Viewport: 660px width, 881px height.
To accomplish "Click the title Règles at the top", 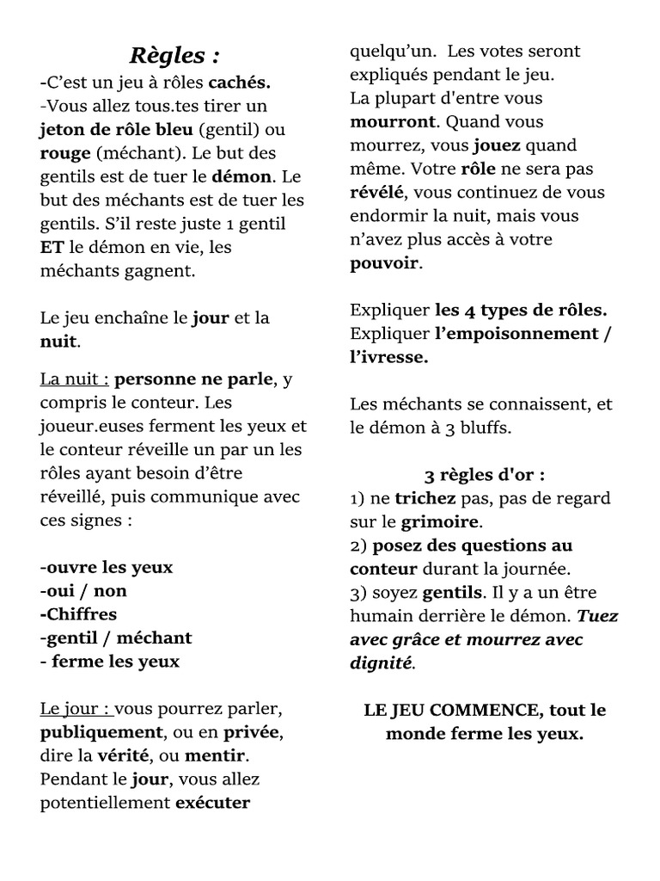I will click(x=174, y=57).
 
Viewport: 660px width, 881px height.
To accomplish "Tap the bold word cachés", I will click(x=240, y=83).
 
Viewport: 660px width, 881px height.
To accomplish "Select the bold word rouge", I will click(x=65, y=154).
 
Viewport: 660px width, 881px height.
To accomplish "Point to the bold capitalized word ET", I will click(x=52, y=248).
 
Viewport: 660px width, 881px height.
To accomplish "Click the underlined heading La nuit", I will click(x=74, y=379).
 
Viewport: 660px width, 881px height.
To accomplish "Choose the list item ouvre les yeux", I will click(x=107, y=568).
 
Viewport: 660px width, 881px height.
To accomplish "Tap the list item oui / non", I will click(x=83, y=591).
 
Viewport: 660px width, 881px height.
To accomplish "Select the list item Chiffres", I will click(x=78, y=614).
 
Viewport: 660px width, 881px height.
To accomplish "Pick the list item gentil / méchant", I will click(x=116, y=638).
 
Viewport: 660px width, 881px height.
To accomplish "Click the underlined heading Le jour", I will click(x=75, y=710).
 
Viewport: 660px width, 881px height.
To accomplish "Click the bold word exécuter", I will click(x=212, y=804).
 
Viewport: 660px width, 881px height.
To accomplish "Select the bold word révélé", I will click(x=376, y=193).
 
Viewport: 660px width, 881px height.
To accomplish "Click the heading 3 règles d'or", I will click(x=485, y=475).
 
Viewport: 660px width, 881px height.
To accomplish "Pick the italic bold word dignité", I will click(x=382, y=663).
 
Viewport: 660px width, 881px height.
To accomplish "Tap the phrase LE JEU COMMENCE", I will click(x=452, y=711).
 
